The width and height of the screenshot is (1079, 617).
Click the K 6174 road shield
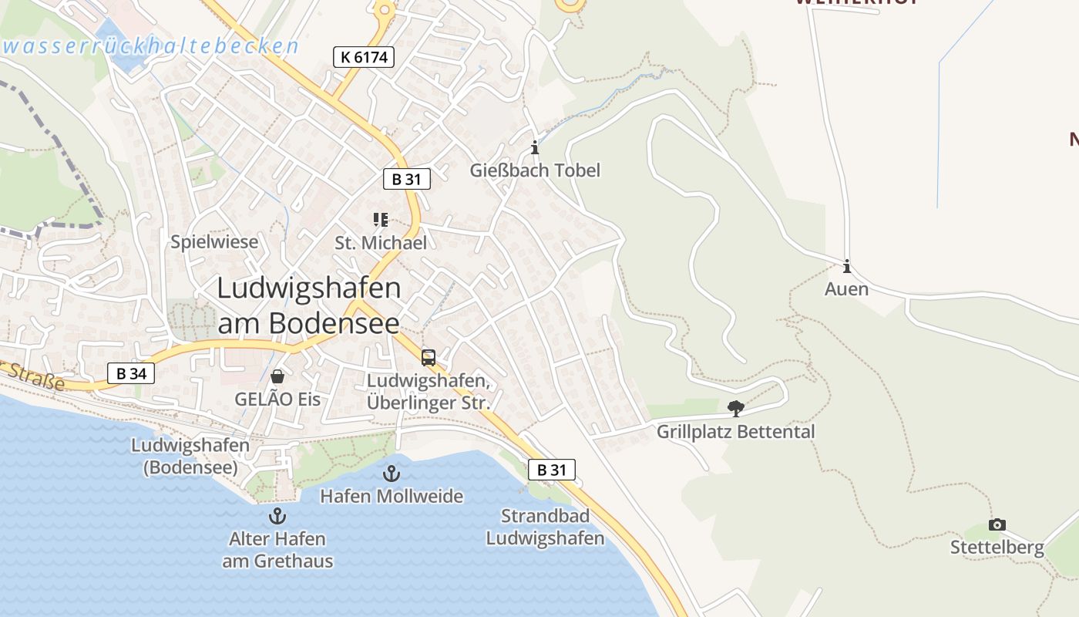364,56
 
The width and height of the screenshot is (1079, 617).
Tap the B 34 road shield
131,374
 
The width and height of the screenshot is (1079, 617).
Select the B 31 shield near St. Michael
406,179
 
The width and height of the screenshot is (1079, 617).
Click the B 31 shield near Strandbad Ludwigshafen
552,470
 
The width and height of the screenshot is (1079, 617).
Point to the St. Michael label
381,243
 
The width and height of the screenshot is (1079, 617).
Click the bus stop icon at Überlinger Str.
429,358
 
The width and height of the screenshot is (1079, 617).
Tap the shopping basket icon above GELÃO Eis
277,376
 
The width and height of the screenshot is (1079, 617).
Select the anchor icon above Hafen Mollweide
392,473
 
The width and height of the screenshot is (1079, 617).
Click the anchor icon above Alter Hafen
277,516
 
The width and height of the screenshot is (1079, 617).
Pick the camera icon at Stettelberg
997,525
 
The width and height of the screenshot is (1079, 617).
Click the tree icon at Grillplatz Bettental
736,409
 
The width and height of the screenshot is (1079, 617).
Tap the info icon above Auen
847,267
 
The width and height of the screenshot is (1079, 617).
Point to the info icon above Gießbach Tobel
535,147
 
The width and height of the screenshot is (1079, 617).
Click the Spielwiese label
214,242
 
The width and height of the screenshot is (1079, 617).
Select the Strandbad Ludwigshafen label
545,527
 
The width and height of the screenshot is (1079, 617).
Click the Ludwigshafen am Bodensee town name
309,306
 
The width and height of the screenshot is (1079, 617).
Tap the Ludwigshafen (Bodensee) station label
190,456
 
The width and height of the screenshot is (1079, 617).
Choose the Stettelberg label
997,548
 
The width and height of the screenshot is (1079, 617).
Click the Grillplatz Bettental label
735,431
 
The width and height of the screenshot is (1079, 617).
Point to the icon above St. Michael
381,221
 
